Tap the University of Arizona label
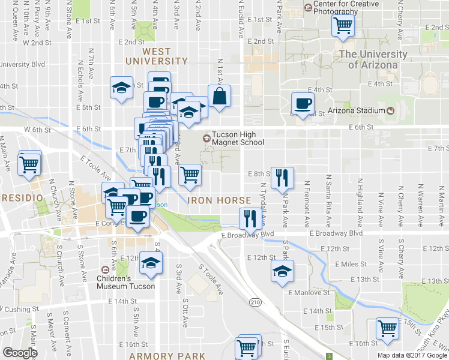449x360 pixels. [x=373, y=59]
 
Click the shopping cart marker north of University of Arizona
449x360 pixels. [x=343, y=26]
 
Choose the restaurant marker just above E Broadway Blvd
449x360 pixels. [x=249, y=218]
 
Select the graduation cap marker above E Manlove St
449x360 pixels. [x=282, y=271]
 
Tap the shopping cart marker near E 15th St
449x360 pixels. [x=388, y=328]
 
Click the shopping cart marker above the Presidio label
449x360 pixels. [x=29, y=163]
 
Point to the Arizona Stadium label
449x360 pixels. [x=356, y=110]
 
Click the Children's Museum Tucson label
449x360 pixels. [x=125, y=282]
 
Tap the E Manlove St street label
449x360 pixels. [x=309, y=293]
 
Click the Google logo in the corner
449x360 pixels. [x=19, y=353]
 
